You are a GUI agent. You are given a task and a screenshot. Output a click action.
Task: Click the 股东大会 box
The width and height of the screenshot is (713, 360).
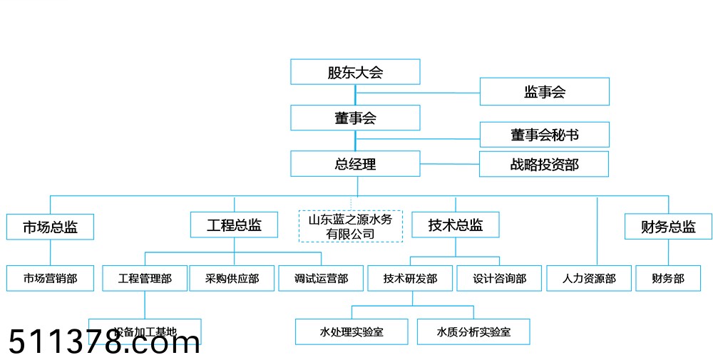[355, 72]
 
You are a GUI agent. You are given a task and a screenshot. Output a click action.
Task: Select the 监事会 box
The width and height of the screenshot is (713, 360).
[544, 92]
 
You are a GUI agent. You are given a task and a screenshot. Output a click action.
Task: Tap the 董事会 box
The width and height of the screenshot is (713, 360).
[355, 118]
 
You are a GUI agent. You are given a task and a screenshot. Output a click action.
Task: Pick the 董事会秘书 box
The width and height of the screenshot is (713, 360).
[544, 135]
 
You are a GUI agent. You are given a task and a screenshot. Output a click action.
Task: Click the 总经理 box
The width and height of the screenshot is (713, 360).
[355, 164]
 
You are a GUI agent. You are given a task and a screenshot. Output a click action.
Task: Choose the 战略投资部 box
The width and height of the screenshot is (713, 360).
[544, 165]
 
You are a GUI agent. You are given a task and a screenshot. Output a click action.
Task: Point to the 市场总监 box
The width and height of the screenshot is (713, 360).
[50, 227]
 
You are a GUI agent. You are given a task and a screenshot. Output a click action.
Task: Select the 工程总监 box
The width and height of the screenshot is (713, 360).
[234, 225]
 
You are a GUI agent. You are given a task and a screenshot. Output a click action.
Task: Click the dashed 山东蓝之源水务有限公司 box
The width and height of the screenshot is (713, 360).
[350, 226]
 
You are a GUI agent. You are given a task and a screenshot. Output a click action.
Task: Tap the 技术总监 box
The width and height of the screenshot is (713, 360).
[456, 225]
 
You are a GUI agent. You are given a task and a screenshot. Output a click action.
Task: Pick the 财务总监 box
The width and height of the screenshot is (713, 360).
[668, 227]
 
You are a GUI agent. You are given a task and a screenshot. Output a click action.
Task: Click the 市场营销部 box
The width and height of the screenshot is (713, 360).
[50, 279]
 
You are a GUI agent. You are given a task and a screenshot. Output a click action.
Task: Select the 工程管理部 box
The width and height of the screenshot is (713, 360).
[145, 279]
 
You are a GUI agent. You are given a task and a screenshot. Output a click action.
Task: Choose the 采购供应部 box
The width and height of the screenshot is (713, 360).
[232, 279]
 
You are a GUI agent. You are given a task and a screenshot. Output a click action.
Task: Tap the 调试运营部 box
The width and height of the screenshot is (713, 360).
[321, 279]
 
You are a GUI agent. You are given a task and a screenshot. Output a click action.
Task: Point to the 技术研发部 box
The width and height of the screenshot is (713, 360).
[410, 279]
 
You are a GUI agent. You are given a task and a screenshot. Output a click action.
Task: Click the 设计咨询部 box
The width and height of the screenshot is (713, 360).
[499, 279]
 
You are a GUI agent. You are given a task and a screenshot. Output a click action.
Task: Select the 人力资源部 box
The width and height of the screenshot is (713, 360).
[589, 279]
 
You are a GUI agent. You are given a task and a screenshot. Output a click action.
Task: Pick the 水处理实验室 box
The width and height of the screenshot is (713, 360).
[352, 331]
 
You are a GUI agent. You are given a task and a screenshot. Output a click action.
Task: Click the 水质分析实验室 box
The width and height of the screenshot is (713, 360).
[473, 331]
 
